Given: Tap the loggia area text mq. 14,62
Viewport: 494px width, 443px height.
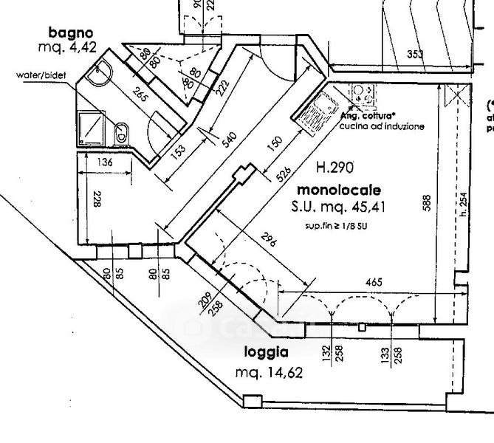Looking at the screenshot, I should pyautogui.click(x=269, y=373).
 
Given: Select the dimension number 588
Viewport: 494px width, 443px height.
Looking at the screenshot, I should pyautogui.click(x=427, y=203).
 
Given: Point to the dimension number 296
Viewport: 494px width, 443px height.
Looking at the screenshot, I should pyautogui.click(x=270, y=246).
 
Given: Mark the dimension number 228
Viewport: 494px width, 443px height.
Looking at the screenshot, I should pyautogui.click(x=97, y=200).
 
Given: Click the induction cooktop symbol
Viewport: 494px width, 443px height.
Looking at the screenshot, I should pyautogui.click(x=362, y=95).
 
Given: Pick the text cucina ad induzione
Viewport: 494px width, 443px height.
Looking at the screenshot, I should pyautogui.click(x=382, y=127).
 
